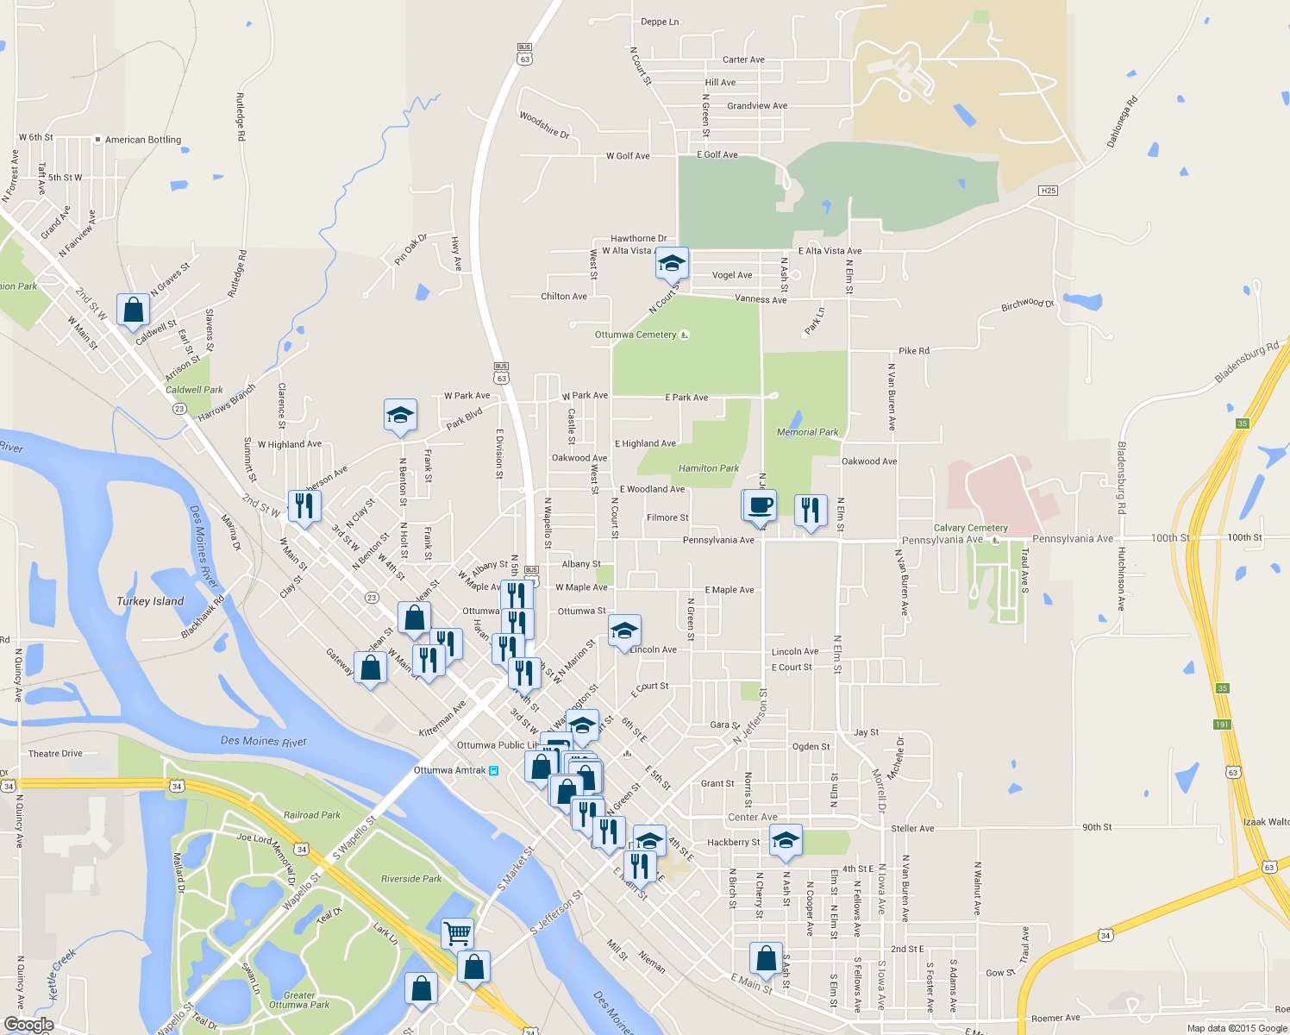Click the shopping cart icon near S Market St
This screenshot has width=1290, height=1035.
457,932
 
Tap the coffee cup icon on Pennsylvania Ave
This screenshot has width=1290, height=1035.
760,505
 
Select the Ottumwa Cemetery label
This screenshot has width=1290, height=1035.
636,335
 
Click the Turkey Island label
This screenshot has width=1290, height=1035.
150,601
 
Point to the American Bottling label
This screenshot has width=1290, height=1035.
143,140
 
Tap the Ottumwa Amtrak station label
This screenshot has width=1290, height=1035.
449,770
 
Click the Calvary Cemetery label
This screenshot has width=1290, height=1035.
970,528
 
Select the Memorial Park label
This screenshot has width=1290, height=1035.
807,432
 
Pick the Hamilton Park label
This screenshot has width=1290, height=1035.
708,468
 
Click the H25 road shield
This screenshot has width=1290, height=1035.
1048,191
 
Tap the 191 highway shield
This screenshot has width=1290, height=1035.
1222,724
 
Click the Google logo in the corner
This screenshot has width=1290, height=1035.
28,1025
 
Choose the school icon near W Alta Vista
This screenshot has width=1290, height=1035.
671,263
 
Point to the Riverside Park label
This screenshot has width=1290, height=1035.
411,879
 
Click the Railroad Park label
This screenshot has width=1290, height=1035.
312,815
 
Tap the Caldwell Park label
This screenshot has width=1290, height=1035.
194,390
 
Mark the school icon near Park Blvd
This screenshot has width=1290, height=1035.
400,416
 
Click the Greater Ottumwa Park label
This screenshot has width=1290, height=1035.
299,1000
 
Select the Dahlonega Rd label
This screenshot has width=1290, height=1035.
1122,121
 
